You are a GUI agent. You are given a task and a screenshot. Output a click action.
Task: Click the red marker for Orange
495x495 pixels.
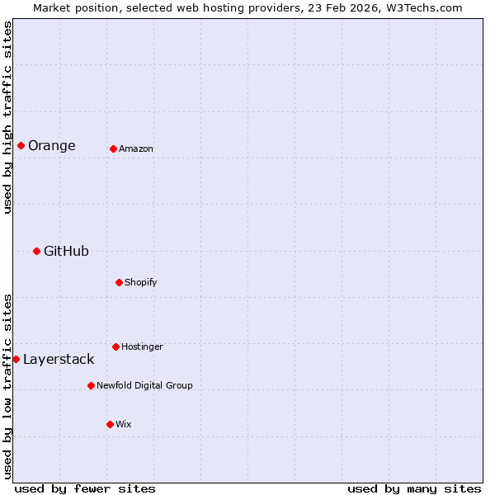click(x=21, y=145)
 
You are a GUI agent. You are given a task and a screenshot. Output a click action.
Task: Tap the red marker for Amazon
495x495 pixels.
click(x=113, y=148)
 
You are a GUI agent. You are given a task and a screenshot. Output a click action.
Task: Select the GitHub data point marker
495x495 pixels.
click(x=36, y=251)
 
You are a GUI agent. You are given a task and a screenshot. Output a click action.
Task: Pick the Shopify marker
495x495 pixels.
click(x=119, y=282)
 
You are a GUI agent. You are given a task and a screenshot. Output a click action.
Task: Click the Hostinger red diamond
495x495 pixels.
click(x=115, y=346)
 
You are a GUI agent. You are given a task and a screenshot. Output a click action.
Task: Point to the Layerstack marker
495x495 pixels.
click(x=16, y=359)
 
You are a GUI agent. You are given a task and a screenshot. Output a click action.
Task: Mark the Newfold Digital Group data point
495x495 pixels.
click(x=91, y=385)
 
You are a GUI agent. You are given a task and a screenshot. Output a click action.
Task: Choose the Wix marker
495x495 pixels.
click(x=110, y=424)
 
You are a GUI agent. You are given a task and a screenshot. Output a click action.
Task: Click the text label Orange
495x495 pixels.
click(x=51, y=146)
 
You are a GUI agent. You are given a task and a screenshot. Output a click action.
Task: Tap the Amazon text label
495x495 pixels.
click(x=136, y=149)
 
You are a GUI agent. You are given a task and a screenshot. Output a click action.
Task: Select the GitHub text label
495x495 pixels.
click(x=66, y=252)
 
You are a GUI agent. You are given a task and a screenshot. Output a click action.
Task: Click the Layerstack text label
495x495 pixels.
click(x=59, y=360)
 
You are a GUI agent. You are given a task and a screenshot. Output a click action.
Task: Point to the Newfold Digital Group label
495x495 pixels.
click(x=144, y=386)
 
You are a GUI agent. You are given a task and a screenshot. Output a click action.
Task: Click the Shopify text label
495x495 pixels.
click(x=140, y=283)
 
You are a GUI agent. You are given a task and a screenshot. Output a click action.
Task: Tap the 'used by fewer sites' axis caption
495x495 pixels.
click(x=85, y=489)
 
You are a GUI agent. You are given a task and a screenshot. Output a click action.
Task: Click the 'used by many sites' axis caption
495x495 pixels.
click(x=414, y=489)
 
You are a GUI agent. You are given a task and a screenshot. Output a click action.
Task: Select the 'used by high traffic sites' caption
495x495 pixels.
click(x=8, y=117)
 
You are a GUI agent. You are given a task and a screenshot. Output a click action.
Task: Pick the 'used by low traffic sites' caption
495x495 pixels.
click(x=8, y=386)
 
